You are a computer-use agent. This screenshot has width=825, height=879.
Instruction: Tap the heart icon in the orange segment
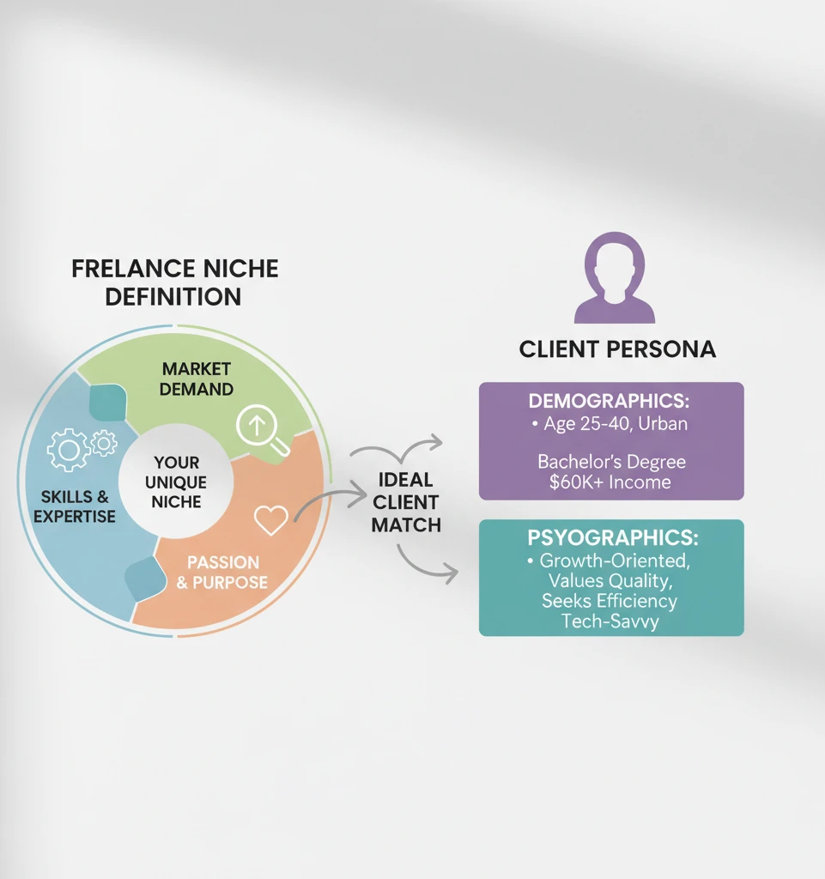(271, 519)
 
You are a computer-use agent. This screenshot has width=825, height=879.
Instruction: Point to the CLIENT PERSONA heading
(617, 349)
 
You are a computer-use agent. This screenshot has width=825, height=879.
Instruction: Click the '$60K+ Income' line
(611, 482)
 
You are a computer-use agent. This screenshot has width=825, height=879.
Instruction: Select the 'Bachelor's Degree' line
(611, 462)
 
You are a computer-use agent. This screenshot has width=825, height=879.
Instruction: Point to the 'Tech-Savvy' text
(610, 621)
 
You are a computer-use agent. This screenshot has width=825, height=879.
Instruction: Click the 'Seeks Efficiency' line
(610, 601)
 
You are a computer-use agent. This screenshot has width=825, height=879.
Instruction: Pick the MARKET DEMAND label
(197, 379)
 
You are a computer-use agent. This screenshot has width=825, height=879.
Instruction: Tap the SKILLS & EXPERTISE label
(75, 506)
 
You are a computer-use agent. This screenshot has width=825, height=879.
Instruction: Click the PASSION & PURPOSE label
(221, 572)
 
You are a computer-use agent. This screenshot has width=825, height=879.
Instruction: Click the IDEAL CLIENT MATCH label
(405, 501)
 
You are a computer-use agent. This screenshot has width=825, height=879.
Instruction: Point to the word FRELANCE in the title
(128, 268)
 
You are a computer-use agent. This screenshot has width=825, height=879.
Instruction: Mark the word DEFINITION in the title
(173, 297)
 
